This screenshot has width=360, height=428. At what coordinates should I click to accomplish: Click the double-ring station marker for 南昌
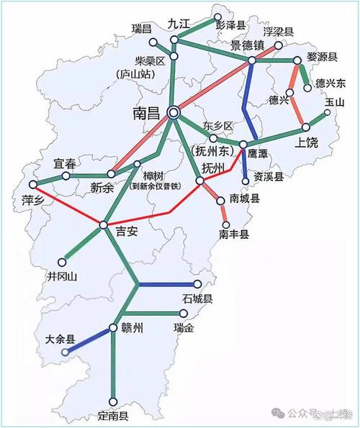pyautogui.click(x=173, y=112)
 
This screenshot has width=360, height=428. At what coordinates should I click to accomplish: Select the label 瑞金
pyautogui.click(x=184, y=328)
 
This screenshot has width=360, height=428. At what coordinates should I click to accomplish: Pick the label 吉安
pyautogui.click(x=125, y=232)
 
